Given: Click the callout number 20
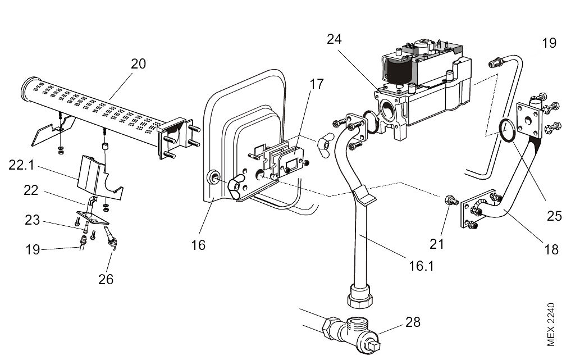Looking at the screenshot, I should point(138,63).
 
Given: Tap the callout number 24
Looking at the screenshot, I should point(334,40).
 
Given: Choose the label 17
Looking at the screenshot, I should point(317,84).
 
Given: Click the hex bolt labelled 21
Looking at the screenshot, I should point(450,200).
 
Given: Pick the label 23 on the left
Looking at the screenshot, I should point(32,221).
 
